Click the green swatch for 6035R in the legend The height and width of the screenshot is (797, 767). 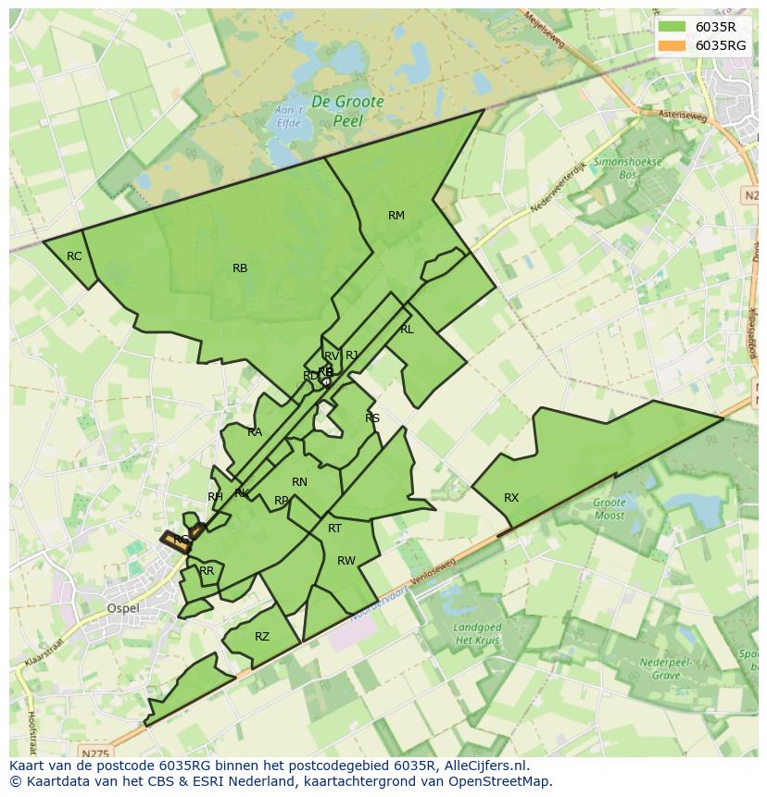pyautogui.click(x=673, y=27)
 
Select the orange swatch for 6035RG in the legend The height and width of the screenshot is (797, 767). pyautogui.click(x=673, y=45)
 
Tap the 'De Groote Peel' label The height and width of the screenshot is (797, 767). pyautogui.click(x=347, y=111)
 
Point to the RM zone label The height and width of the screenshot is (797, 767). pyautogui.click(x=396, y=216)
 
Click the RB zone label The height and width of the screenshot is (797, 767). pyautogui.click(x=240, y=268)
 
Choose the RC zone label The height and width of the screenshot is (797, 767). pyautogui.click(x=74, y=256)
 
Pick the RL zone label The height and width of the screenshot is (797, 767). pyautogui.click(x=407, y=330)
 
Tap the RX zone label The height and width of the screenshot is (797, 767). pyautogui.click(x=511, y=498)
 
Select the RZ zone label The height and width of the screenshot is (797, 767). pyautogui.click(x=262, y=637)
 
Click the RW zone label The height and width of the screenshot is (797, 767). pyautogui.click(x=346, y=561)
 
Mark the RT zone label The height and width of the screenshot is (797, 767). pyautogui.click(x=334, y=529)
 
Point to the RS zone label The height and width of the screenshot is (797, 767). pyautogui.click(x=372, y=418)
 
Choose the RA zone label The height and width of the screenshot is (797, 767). pyautogui.click(x=255, y=432)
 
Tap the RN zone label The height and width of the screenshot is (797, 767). pyautogui.click(x=299, y=482)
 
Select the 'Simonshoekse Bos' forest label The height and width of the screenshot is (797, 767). pyautogui.click(x=628, y=168)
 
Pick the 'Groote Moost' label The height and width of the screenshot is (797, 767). pyautogui.click(x=609, y=509)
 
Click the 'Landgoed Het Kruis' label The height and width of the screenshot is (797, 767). pyautogui.click(x=478, y=634)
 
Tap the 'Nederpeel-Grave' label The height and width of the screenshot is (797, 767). pyautogui.click(x=652, y=668)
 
